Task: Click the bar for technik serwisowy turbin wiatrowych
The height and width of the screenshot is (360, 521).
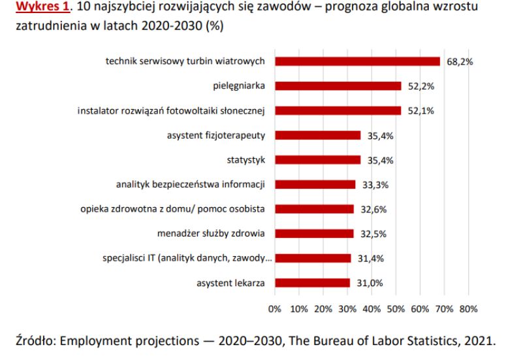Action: [357, 61]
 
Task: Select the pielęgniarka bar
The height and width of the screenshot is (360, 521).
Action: [338, 86]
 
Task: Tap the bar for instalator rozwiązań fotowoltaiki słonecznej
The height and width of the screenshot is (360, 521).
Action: [338, 110]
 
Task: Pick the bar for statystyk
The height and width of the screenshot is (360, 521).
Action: [317, 159]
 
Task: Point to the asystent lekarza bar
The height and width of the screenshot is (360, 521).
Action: [312, 283]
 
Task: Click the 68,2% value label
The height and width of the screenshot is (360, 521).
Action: [459, 62]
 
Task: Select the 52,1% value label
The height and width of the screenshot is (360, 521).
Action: [421, 111]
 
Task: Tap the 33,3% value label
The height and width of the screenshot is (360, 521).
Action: [375, 185]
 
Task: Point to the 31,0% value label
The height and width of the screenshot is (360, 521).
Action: [370, 284]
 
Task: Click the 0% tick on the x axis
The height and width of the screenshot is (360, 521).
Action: [274, 308]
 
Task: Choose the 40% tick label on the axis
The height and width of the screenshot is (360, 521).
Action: [371, 308]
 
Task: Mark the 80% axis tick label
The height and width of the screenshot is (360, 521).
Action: [468, 308]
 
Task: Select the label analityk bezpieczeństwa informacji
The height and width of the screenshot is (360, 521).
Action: [190, 184]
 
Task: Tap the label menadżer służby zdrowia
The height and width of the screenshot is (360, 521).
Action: [211, 233]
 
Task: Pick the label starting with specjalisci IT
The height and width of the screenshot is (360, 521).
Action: [187, 258]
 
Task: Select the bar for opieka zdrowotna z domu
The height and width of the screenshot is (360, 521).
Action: [314, 209]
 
